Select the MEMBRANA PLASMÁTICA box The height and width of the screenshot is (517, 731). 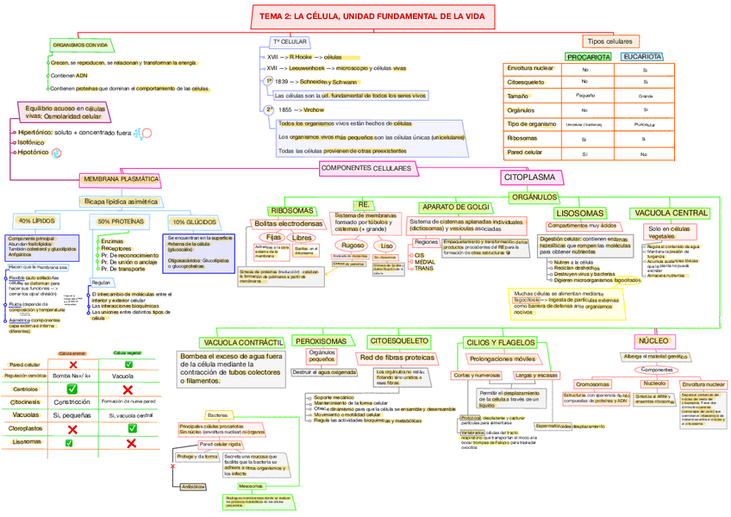[x=121, y=179]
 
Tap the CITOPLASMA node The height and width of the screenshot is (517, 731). [x=528, y=177]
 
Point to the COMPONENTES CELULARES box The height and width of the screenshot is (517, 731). [x=365, y=167]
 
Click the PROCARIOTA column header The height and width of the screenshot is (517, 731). [x=585, y=57]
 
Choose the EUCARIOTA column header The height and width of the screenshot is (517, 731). [x=641, y=57]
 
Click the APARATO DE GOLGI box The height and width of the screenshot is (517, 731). [x=454, y=207]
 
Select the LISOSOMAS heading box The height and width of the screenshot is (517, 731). [x=580, y=213]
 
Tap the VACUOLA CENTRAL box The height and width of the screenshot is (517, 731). [x=672, y=213]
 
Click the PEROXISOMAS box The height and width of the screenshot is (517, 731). [x=321, y=341]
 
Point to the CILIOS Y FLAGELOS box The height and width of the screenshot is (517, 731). [x=501, y=342]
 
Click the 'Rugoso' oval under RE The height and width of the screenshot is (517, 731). [x=353, y=246]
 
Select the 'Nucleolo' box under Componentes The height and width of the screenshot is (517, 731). [x=654, y=383]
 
